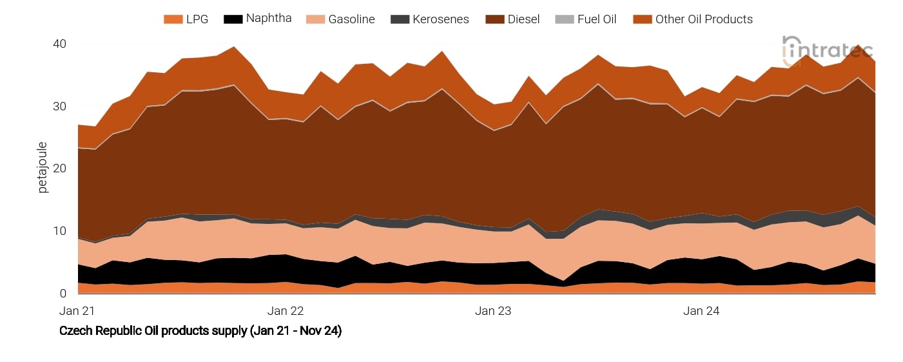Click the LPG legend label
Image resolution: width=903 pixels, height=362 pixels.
point(197,19)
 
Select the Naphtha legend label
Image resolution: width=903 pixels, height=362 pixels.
point(269,19)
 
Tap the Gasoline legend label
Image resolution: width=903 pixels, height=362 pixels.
point(351,19)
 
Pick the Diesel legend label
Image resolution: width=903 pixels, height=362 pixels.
point(523,19)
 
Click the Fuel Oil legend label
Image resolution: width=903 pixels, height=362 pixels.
point(596,19)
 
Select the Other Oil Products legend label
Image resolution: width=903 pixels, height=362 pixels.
point(704,19)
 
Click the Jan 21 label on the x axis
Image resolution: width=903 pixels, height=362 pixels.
point(77,311)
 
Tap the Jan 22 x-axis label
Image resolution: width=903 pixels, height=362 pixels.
point(286,311)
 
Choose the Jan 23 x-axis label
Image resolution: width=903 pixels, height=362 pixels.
point(493,311)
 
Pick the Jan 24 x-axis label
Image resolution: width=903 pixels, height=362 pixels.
point(701,311)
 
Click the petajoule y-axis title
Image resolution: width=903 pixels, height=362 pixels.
point(43,168)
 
